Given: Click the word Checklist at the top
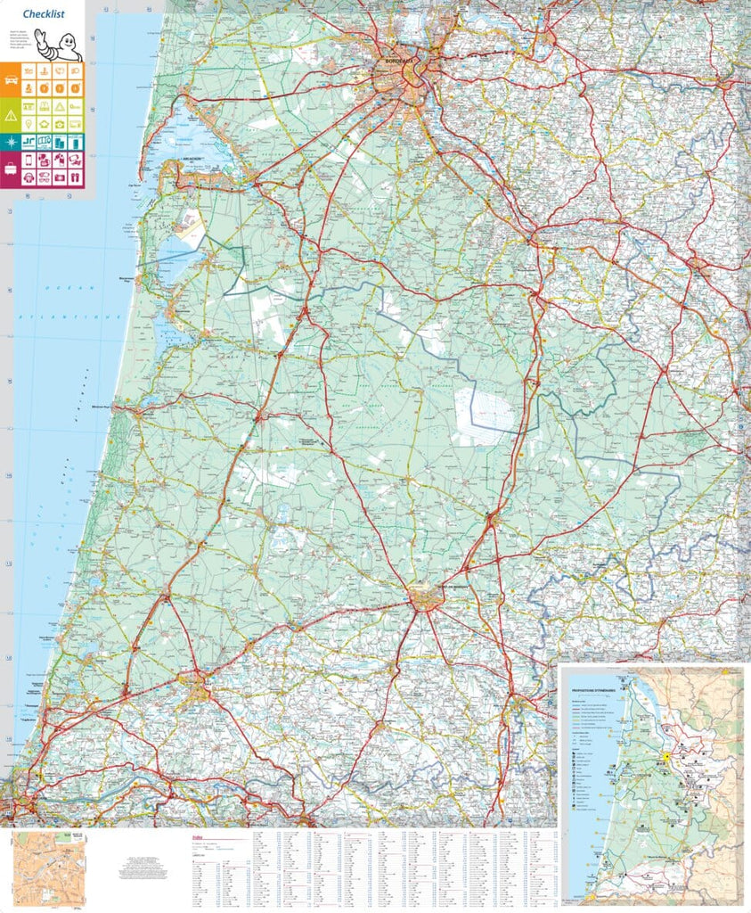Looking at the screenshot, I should (x=44, y=13).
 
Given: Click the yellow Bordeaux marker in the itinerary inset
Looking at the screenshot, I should (x=665, y=757).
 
